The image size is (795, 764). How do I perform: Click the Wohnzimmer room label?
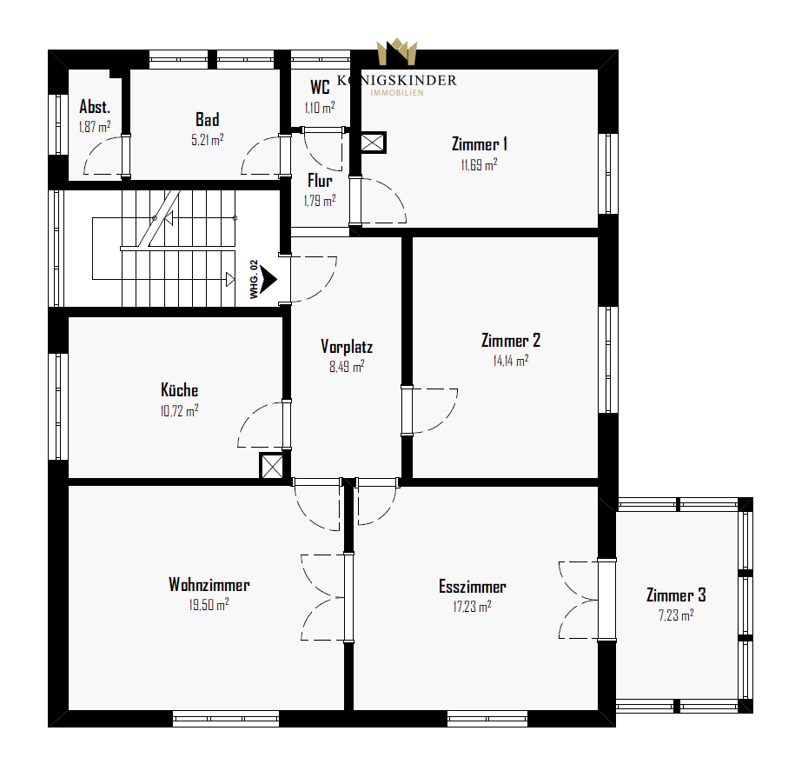[x=209, y=585]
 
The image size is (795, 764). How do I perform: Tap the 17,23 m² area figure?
[x=472, y=606]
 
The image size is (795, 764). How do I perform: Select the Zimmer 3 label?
[x=676, y=595]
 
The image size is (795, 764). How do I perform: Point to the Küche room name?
[x=180, y=389]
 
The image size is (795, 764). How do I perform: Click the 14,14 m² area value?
[x=511, y=360]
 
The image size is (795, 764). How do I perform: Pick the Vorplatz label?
[x=347, y=347]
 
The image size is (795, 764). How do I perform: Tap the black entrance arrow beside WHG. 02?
[x=268, y=279]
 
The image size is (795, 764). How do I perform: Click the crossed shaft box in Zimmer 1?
[x=373, y=143]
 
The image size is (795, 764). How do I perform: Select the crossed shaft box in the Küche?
[x=272, y=466]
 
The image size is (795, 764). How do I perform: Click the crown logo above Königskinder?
[x=397, y=52]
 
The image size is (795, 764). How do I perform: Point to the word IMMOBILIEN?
[x=397, y=93]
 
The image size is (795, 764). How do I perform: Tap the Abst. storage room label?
[x=95, y=107]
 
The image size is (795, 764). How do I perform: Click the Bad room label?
[x=208, y=120]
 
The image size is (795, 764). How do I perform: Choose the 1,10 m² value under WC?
[x=320, y=108]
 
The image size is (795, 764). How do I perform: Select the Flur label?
[x=320, y=181]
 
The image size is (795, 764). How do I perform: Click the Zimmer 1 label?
[x=479, y=144]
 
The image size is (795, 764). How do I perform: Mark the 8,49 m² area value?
[x=347, y=366]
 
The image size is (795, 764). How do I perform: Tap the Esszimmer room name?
[x=472, y=587]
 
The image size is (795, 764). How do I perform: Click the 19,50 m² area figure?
[x=209, y=604]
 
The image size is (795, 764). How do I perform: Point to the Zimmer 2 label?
[x=511, y=341]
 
